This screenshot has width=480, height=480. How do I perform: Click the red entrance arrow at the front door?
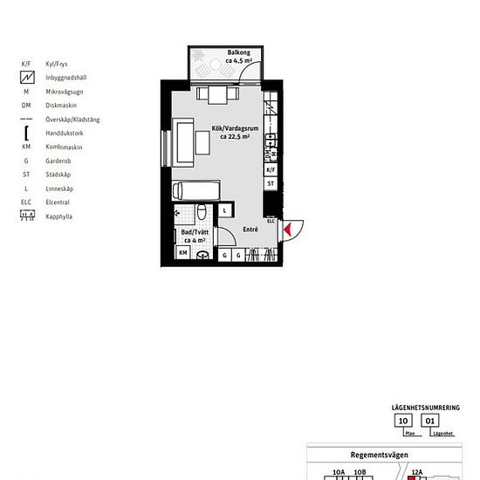tap(287, 230)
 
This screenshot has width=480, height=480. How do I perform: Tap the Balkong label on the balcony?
tap(239, 52)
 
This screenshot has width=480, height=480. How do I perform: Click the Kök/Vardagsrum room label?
tap(235, 128)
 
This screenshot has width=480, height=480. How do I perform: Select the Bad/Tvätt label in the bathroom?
tap(195, 232)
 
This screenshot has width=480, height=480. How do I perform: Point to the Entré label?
tap(250, 230)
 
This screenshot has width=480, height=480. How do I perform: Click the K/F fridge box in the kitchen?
tap(271, 169)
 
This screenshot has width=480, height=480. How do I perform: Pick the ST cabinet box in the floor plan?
tap(271, 183)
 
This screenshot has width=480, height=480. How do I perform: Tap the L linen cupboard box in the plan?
tap(225, 210)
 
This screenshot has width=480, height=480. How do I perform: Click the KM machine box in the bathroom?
tap(182, 252)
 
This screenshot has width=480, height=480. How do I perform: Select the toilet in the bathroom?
tap(201, 211)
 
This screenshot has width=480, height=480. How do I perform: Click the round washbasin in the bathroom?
tap(202, 255)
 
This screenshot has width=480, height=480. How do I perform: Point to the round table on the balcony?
tap(216, 65)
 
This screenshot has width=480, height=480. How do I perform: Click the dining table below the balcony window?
tap(217, 95)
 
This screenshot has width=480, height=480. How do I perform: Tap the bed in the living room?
tap(196, 190)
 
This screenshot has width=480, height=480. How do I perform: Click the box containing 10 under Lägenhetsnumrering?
tap(403, 421)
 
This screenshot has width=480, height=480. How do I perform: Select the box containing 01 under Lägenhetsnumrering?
tap(430, 421)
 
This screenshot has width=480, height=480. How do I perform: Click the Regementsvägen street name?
tap(380, 455)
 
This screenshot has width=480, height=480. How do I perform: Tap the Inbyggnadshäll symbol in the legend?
tap(27, 77)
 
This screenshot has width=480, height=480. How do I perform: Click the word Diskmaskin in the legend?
tap(61, 106)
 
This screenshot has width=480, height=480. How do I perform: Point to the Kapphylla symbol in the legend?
tap(27, 216)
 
